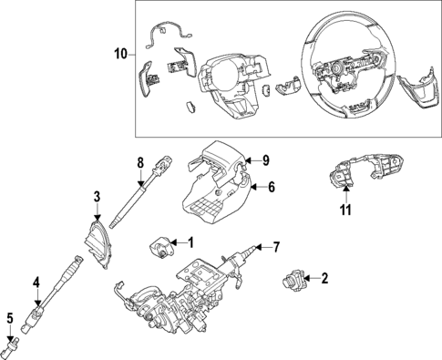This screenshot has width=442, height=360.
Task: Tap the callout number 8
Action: click(x=140, y=162)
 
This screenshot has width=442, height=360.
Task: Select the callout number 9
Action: click(x=265, y=160)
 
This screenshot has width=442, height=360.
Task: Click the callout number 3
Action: click(x=96, y=196)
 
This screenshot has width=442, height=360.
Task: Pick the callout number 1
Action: click(x=190, y=242)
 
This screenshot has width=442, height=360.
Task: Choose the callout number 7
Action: click(x=277, y=246)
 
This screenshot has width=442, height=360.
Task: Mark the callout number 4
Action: click(x=36, y=283)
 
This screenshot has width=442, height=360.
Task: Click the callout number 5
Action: click(x=10, y=318)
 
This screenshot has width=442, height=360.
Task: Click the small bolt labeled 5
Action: click(x=13, y=344)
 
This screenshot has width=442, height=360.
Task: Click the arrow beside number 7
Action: click(x=262, y=247)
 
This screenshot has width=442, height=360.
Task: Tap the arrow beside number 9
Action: click(x=252, y=161)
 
